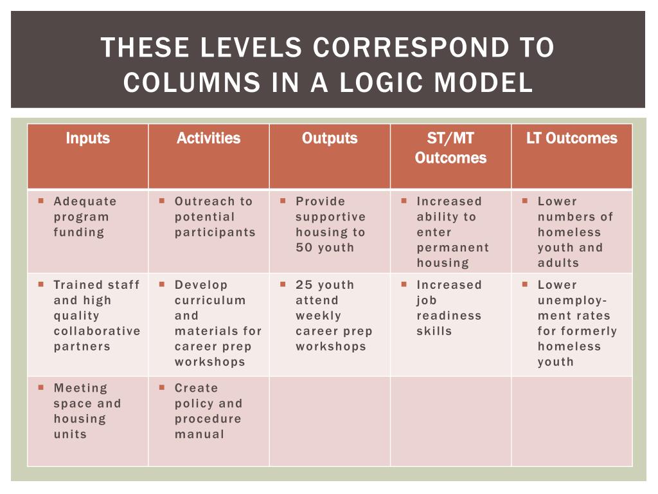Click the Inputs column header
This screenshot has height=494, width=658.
tap(87, 138)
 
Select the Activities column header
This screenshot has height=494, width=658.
tap(208, 138)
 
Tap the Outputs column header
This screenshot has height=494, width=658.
tap(329, 138)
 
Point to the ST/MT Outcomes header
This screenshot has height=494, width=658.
tap(450, 148)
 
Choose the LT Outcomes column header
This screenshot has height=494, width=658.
tap(571, 138)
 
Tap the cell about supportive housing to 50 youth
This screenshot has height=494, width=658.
tap(330, 224)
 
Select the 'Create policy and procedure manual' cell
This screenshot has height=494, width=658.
tap(208, 411)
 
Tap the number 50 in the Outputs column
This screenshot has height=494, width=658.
tap(305, 248)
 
